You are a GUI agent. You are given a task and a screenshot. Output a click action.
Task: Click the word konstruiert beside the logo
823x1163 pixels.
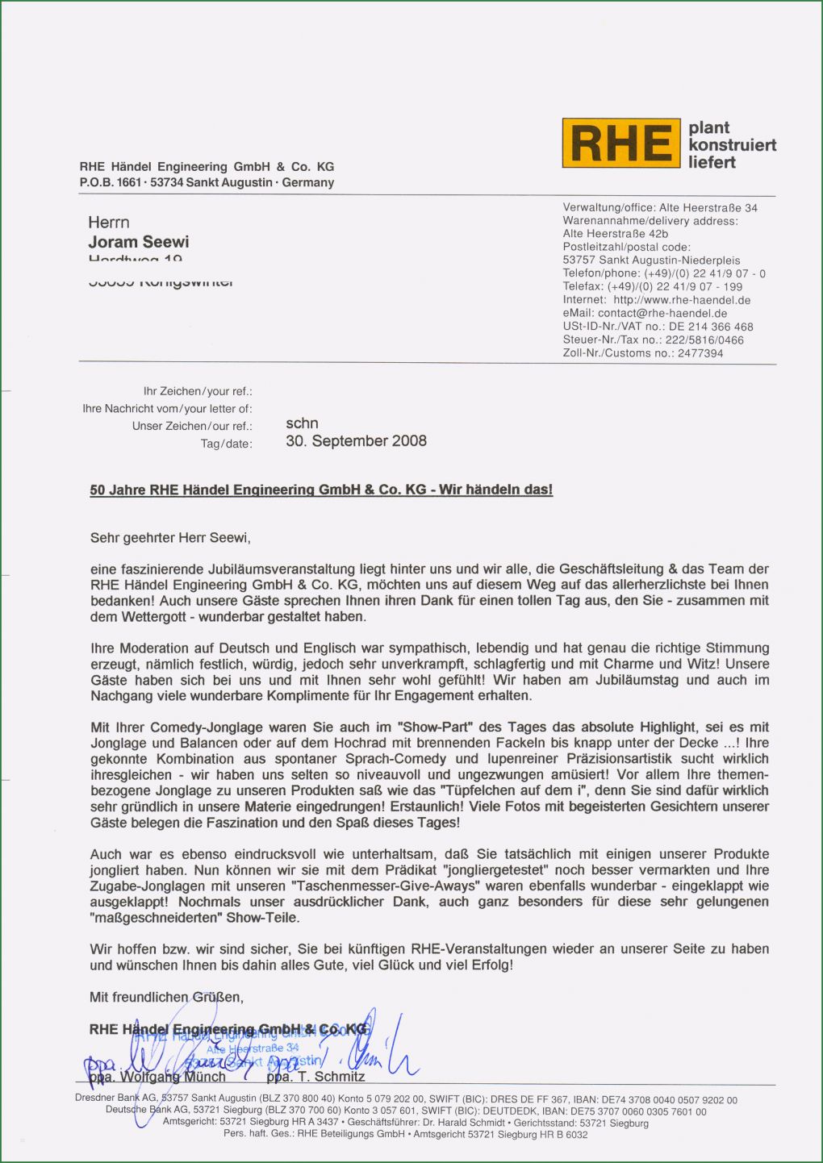(732, 145)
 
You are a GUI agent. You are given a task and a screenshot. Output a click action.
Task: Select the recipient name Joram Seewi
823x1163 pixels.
(139, 242)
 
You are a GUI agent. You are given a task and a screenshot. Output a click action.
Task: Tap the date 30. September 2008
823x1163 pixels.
(356, 441)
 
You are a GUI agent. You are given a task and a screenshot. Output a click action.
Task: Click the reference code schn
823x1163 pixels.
(302, 423)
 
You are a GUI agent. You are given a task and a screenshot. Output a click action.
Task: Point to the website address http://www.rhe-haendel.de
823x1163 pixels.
(682, 300)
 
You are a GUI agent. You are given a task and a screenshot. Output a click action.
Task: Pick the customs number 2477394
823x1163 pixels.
(700, 353)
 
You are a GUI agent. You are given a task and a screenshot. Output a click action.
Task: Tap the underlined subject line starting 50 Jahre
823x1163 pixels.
(321, 490)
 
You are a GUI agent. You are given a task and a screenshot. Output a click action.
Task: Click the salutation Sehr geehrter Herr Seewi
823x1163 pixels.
(170, 537)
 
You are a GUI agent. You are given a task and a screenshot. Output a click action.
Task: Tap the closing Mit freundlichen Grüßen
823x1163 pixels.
(166, 997)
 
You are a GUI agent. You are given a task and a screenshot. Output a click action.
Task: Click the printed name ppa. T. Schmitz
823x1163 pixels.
(315, 1077)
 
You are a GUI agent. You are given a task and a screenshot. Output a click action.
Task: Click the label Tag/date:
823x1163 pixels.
(227, 444)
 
